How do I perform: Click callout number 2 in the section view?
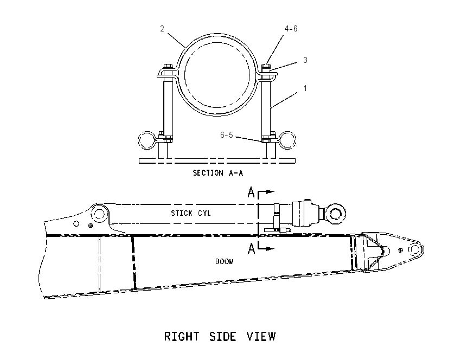(x=162, y=29)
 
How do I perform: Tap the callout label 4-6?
(x=291, y=29)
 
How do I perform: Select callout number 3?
(x=305, y=60)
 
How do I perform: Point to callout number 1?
(x=305, y=88)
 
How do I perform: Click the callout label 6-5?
(x=226, y=134)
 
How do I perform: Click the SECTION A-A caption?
(x=218, y=173)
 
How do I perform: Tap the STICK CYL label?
(x=191, y=213)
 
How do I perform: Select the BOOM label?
(x=225, y=261)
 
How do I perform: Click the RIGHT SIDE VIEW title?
(x=220, y=336)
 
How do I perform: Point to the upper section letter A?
(x=251, y=192)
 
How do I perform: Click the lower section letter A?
(x=251, y=249)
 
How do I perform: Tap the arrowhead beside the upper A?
(x=270, y=192)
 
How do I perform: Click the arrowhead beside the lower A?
(x=270, y=249)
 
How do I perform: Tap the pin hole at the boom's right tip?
(x=414, y=249)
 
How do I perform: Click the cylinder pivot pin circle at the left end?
(x=98, y=214)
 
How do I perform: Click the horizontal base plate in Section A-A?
(x=217, y=160)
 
